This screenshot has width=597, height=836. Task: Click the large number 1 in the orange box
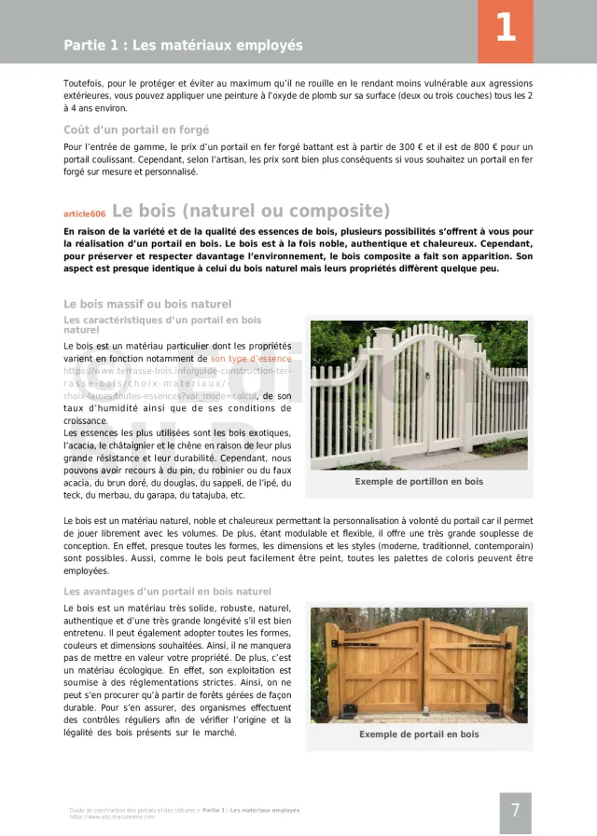pos(505,28)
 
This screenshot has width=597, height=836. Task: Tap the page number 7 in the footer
pos(515,810)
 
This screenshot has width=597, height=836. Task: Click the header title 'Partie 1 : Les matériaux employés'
pos(183,45)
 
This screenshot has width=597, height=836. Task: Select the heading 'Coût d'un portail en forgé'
pos(136,130)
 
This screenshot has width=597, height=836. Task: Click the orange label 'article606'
pos(84,213)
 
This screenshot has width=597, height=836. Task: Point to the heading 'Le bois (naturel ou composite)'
pos(251,211)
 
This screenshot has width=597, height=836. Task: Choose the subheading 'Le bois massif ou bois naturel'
pos(147,304)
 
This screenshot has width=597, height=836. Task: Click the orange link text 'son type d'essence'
pos(251,358)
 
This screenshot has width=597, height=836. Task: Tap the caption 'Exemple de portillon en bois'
pos(419,482)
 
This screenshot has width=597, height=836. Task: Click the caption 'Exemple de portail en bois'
pos(419,734)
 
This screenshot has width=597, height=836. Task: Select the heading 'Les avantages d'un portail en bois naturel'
pos(167,592)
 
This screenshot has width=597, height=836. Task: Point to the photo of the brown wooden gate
pos(419,665)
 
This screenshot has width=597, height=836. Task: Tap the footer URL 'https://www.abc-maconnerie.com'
pos(112,817)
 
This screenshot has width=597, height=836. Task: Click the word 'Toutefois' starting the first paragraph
pos(83,84)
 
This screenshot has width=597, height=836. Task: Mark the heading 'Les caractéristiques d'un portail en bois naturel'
pos(162,324)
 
